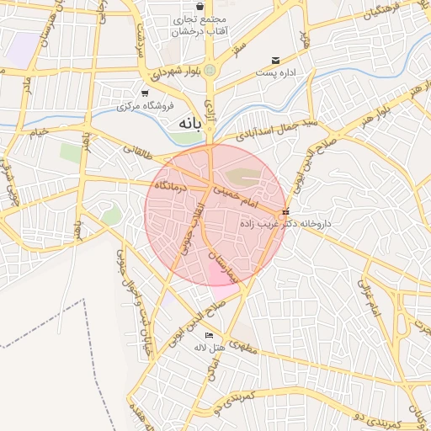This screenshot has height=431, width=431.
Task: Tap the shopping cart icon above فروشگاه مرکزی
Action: coord(146,93)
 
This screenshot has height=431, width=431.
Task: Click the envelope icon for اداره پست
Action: coord(275,60)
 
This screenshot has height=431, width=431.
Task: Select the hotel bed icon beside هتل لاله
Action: coord(209,336)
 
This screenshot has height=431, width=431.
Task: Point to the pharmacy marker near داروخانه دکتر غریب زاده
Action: coord(286,212)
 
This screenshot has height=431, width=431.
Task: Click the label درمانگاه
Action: coord(174,184)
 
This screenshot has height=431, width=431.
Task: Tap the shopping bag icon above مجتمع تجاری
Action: coord(199,6)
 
